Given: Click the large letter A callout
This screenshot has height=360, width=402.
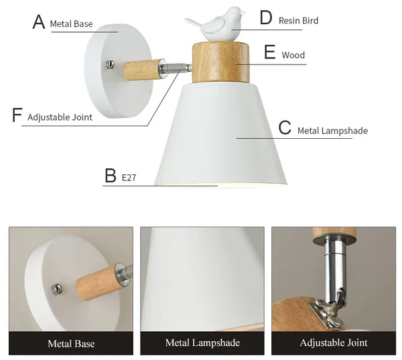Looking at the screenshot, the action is point(39,22).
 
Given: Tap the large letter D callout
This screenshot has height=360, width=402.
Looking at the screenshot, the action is point(265,17).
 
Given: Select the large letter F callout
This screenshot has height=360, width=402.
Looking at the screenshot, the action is point(17,115).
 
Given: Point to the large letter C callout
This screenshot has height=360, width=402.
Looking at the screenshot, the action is point(285,127).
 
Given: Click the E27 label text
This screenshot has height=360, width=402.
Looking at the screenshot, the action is point(129,178).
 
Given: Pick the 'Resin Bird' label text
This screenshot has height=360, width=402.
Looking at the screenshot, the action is point(298,21).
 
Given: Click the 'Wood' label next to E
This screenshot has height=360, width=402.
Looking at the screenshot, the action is point(293,55).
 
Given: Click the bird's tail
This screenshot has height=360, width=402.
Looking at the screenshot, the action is point(194,23).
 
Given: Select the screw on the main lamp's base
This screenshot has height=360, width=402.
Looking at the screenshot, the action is point(111,64).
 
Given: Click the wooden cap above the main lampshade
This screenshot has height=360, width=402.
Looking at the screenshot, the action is point(220,62).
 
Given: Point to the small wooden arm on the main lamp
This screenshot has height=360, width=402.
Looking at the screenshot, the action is point(141,70).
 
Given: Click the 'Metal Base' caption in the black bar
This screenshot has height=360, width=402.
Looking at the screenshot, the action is point(71,344).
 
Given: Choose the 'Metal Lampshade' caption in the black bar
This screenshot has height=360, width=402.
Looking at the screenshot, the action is point(202,343).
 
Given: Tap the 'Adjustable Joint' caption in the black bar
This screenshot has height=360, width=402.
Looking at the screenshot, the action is point(334,343).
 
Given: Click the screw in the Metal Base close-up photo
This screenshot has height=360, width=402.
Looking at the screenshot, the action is point(57,289).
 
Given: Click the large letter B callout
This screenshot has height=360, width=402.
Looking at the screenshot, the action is point(111,175).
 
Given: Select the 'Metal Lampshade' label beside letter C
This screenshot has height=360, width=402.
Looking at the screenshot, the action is point(332,131).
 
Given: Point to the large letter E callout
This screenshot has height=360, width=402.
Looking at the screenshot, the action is point(270,52).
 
